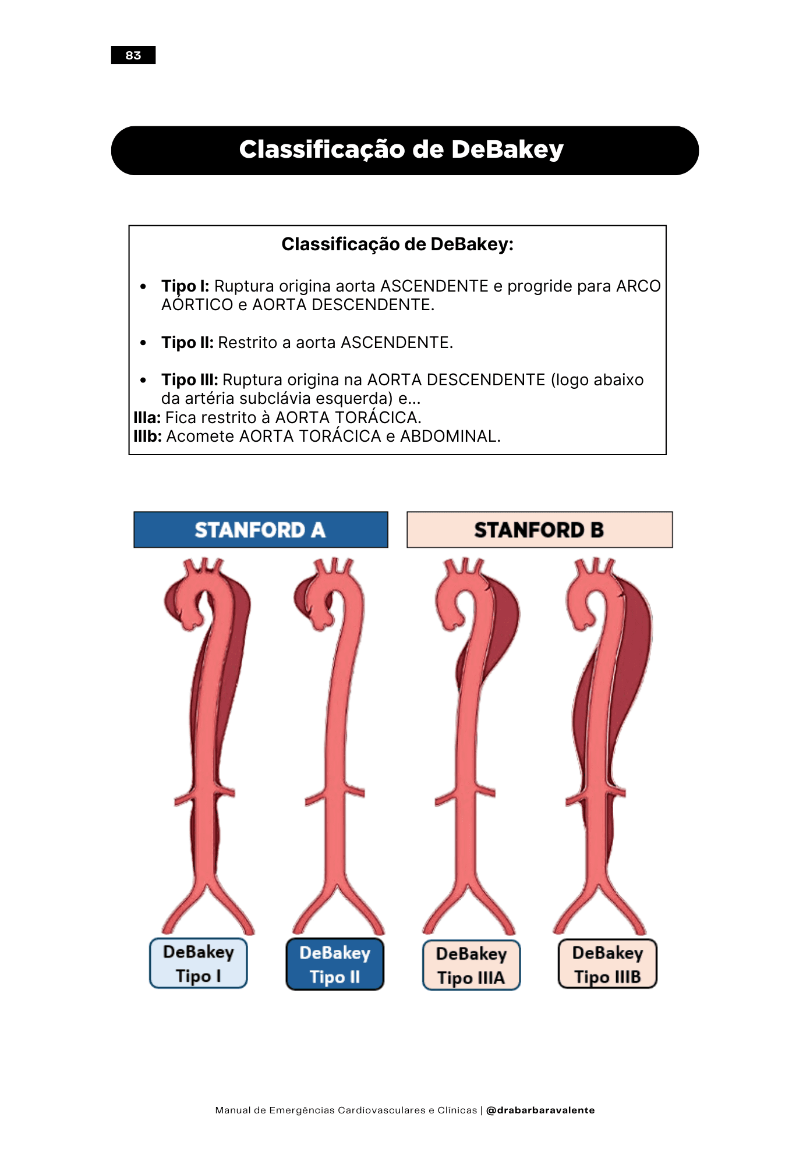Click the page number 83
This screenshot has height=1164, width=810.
[133, 55]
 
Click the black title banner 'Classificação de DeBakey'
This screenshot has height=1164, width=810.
[404, 150]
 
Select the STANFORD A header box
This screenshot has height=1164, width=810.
[260, 530]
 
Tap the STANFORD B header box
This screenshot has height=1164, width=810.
[539, 530]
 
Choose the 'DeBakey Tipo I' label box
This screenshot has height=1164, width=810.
[199, 963]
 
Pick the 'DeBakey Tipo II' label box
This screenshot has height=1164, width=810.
[335, 964]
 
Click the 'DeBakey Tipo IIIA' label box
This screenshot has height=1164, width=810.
[471, 966]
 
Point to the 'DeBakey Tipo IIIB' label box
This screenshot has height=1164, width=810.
[607, 964]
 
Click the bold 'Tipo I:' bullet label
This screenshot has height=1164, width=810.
[185, 286]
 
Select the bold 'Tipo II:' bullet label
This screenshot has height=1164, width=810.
[188, 343]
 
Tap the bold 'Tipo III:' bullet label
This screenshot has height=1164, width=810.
[190, 380]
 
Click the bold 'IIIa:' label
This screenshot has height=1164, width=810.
[147, 418]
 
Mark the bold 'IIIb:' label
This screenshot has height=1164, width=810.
[148, 436]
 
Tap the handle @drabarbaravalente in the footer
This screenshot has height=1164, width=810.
[540, 1110]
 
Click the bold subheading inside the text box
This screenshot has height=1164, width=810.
[398, 244]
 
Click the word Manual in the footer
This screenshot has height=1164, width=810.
[233, 1110]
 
